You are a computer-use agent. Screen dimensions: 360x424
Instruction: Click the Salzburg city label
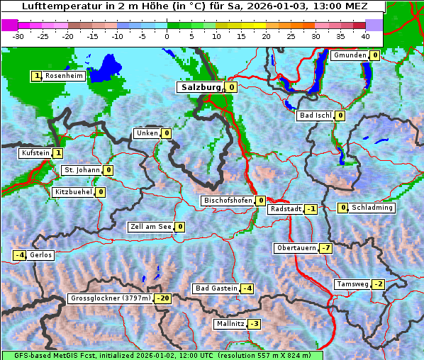(x=201, y=87)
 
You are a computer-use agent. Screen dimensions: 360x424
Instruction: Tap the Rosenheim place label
(x=64, y=76)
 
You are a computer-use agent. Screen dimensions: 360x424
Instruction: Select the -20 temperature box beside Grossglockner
(x=163, y=298)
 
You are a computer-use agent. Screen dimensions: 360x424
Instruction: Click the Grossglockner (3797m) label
(x=111, y=298)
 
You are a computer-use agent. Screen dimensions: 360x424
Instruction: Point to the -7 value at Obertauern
(x=325, y=248)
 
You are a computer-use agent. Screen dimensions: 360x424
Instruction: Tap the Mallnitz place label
(x=230, y=324)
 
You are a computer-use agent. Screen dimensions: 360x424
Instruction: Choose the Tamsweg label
(x=352, y=284)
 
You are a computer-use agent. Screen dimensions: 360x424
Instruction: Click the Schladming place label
(x=372, y=208)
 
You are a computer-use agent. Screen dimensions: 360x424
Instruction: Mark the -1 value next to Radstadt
(x=311, y=209)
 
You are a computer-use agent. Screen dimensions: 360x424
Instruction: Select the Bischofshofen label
(x=228, y=201)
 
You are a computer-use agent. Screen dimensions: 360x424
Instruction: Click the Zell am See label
(x=150, y=227)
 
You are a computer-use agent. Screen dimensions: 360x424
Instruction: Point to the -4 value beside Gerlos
(x=20, y=255)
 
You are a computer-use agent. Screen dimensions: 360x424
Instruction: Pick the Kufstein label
(x=35, y=152)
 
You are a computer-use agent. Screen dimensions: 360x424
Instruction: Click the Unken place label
(x=147, y=133)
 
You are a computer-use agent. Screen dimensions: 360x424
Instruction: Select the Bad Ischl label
(x=315, y=116)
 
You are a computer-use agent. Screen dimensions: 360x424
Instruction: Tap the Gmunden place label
(x=350, y=55)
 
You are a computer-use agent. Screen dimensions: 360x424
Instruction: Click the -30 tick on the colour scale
(x=18, y=35)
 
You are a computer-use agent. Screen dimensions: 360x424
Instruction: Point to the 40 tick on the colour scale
(x=365, y=35)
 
